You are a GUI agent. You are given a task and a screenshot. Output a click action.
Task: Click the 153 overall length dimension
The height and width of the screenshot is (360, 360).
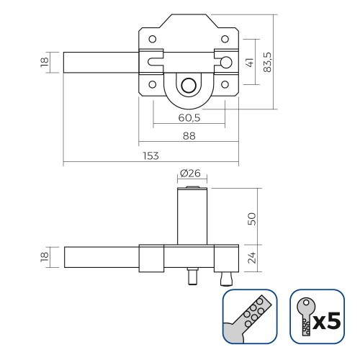pos(150,156)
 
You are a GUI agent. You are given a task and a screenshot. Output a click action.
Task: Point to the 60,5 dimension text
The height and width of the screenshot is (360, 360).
pos(189,117)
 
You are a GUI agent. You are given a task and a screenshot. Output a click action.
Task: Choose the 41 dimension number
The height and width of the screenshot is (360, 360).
pos(250,63)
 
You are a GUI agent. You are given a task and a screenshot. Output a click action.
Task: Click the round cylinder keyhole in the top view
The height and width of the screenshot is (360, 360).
pos(188,85)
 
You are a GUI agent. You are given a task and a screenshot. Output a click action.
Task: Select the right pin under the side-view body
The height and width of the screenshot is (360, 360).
pos(225,275)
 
